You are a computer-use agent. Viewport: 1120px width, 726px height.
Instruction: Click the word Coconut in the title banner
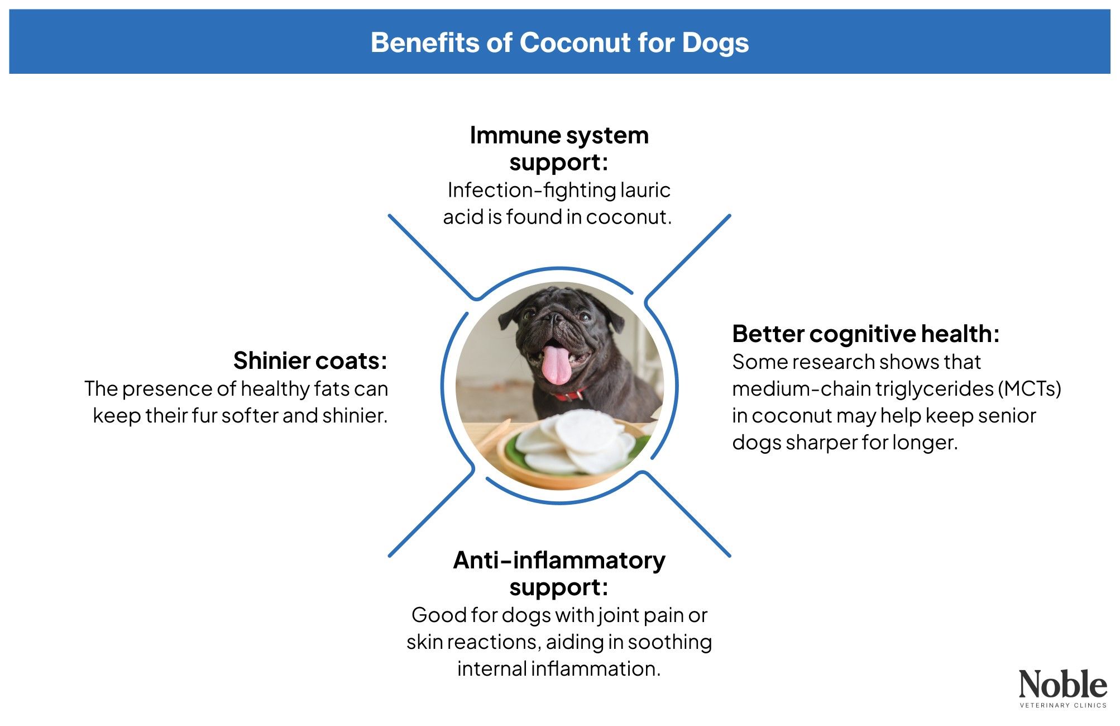click(575, 43)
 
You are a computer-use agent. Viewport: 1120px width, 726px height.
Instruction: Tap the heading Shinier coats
click(310, 361)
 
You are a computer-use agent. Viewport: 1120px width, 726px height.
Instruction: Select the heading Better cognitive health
click(865, 334)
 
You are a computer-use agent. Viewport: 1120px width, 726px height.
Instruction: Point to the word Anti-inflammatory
click(559, 561)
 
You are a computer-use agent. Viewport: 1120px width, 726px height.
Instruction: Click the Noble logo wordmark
click(1062, 684)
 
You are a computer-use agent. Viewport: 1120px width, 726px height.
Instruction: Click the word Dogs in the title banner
click(715, 43)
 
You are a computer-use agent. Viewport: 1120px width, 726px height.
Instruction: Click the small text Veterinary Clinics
click(1062, 705)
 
